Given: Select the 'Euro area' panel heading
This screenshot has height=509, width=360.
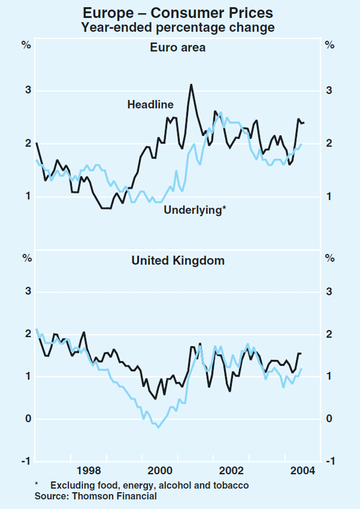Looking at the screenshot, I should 178,47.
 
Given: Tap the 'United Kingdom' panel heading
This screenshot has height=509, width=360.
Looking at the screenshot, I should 178,261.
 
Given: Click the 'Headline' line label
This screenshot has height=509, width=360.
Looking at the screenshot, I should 150,105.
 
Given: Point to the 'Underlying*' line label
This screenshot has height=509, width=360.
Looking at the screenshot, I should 195,210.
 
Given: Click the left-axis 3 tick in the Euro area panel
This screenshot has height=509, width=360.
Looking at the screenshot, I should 28,91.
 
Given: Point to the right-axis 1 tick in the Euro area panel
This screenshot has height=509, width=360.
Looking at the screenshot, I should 329,197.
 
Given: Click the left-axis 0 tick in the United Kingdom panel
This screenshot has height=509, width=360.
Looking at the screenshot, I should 28,419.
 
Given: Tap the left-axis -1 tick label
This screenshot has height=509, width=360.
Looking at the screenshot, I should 26,461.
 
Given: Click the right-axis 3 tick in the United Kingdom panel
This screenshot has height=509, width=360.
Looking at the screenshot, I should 329,292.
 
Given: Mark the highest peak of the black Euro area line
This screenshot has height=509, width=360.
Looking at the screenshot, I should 191,85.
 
